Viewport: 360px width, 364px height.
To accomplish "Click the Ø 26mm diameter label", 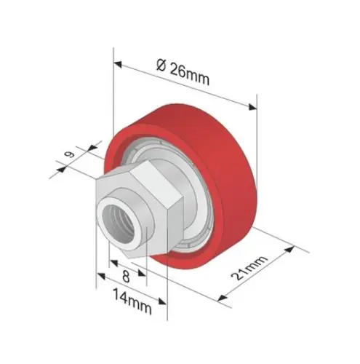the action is [183, 72].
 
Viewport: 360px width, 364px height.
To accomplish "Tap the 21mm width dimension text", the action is [249, 268].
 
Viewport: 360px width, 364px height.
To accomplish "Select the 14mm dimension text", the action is [132, 302].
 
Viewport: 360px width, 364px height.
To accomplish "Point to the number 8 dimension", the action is [126, 277].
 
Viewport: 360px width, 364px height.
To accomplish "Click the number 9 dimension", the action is [70, 154].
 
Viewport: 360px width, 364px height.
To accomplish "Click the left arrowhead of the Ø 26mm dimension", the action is [117, 64].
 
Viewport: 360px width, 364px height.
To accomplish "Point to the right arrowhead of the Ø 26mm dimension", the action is [252, 106].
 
